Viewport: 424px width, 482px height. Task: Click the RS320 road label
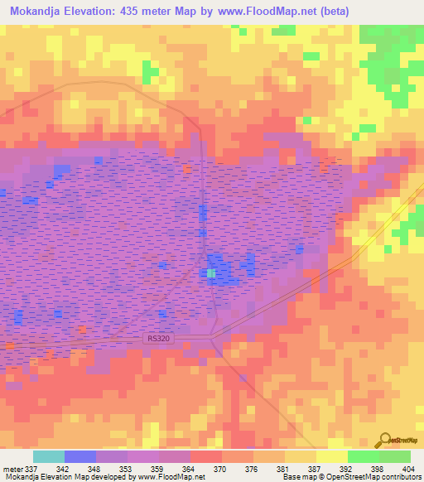[x=156, y=338]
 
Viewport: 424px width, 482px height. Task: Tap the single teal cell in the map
[x=210, y=272]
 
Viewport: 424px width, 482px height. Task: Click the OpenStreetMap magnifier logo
[x=385, y=441]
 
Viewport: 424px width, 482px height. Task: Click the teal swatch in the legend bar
[x=49, y=456]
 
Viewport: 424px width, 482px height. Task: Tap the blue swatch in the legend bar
[x=80, y=456]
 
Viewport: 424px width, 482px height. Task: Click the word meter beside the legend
[x=13, y=469]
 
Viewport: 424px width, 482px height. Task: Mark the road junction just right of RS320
[x=213, y=335]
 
